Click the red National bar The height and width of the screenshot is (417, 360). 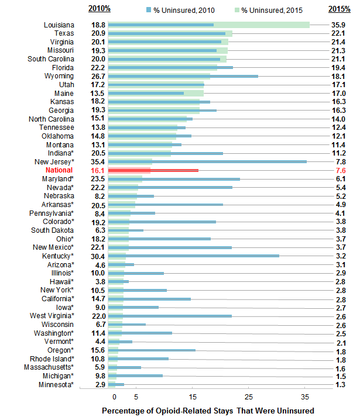[x=153, y=170]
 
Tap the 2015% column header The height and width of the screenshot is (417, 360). [x=340, y=9]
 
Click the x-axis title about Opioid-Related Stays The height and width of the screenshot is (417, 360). [x=207, y=410]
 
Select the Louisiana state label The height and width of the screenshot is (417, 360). [x=59, y=25]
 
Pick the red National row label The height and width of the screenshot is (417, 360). [x=59, y=170]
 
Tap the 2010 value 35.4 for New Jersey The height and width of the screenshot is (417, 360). [x=98, y=161]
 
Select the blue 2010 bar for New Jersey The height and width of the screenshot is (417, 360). [x=208, y=161]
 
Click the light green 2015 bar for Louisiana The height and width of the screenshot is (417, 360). [x=263, y=25]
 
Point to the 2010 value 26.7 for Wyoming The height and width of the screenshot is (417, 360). [x=98, y=76]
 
